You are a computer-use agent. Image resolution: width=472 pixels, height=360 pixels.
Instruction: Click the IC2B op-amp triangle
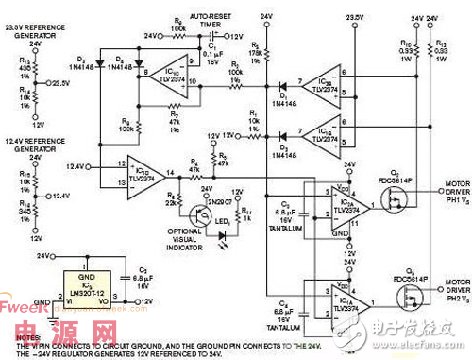pyautogui.click(x=322, y=83)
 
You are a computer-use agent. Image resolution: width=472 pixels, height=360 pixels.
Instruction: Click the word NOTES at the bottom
pyautogui.click(x=21, y=337)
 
